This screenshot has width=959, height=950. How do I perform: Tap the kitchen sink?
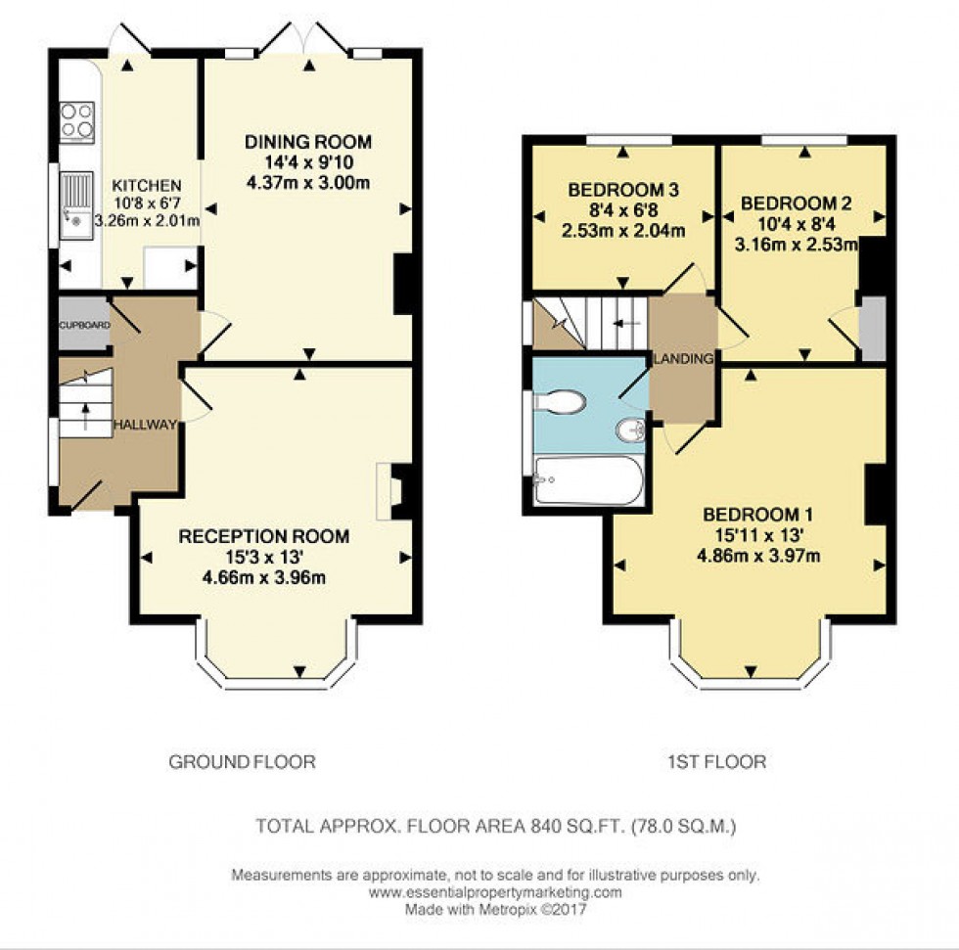tap(75, 204)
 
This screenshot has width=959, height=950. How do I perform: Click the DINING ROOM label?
tap(308, 143)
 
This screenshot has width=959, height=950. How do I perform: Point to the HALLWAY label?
tap(145, 424)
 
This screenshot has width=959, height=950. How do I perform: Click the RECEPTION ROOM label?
tap(263, 536)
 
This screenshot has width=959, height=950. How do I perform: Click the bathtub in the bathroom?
tap(588, 479)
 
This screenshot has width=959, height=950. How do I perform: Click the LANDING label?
tap(683, 359)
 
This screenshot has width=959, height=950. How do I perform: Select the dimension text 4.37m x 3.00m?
tap(308, 183)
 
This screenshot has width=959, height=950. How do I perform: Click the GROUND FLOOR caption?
tap(243, 761)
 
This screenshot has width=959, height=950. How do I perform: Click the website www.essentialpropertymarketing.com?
tap(495, 892)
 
